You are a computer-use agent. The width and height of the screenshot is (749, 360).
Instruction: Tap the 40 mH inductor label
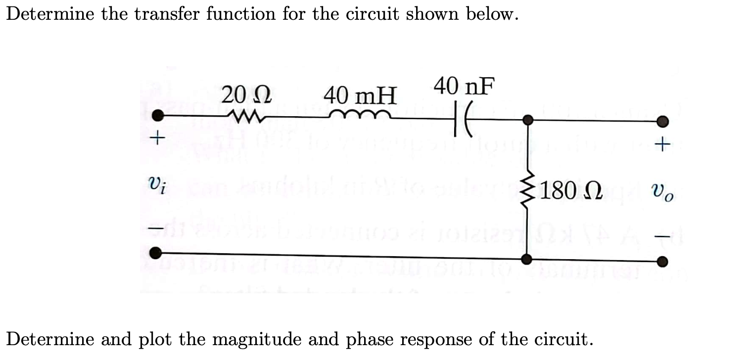pos(360,95)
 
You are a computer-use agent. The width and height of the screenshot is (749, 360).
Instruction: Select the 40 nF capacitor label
pos(464,87)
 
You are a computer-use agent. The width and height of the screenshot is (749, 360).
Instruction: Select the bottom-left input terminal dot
pos(156,253)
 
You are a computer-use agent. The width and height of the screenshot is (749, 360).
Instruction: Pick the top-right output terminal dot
pos(663,122)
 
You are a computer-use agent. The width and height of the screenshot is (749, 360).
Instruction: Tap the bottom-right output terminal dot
pos(663,262)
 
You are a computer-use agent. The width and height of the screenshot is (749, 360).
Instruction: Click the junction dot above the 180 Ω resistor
pos(528,120)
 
